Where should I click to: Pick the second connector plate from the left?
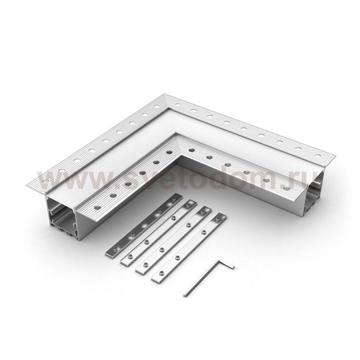157,231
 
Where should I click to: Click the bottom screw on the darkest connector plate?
114,247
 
